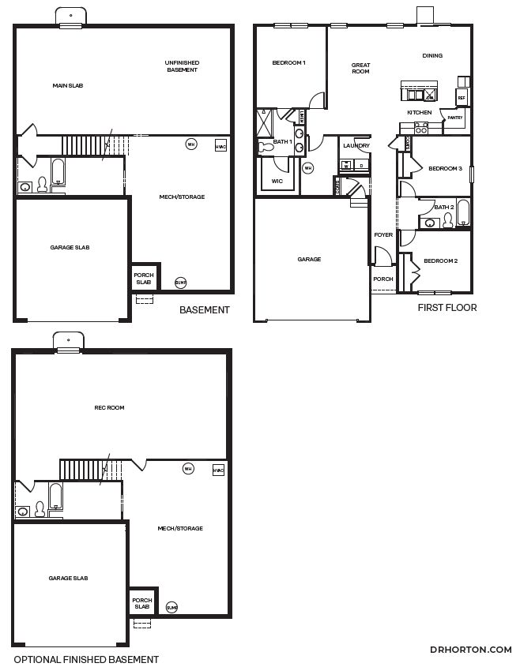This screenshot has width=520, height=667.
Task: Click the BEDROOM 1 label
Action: pyautogui.click(x=288, y=63)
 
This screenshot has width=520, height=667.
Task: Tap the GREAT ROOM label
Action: pyautogui.click(x=360, y=68)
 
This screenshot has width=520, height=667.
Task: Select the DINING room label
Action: pyautogui.click(x=432, y=56)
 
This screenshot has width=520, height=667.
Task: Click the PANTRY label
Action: pyautogui.click(x=454, y=118)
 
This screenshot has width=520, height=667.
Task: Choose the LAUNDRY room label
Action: pyautogui.click(x=356, y=146)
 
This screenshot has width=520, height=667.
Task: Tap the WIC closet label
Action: pyautogui.click(x=277, y=181)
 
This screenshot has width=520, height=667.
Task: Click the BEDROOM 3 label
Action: pyautogui.click(x=445, y=169)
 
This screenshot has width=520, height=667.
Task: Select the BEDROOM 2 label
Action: pyautogui.click(x=440, y=261)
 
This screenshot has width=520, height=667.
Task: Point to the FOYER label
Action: pyautogui.click(x=383, y=235)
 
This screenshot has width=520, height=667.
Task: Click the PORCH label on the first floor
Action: pyautogui.click(x=383, y=279)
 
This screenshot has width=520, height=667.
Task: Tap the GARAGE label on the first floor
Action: pyautogui.click(x=309, y=259)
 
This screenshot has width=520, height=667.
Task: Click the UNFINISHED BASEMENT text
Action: pyautogui.click(x=182, y=66)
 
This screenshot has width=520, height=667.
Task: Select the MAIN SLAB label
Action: pyautogui.click(x=68, y=85)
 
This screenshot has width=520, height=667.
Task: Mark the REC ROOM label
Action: pyautogui.click(x=109, y=408)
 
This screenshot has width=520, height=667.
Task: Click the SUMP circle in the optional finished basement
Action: pyautogui.click(x=172, y=607)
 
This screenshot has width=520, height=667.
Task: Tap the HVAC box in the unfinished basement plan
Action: pyautogui.click(x=220, y=145)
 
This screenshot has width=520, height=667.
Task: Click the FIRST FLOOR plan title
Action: pyautogui.click(x=447, y=308)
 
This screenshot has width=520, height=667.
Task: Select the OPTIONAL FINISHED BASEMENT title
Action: pyautogui.click(x=86, y=659)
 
